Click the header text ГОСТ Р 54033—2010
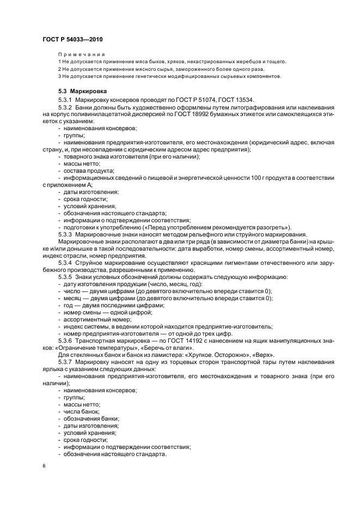72,40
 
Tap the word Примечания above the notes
81,54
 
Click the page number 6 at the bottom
44,466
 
